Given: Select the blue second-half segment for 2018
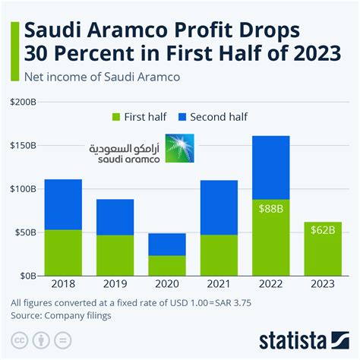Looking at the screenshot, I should (64, 204).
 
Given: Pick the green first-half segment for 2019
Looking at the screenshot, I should (115, 254).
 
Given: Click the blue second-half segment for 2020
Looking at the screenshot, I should (167, 244).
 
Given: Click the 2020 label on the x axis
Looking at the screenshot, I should (167, 286).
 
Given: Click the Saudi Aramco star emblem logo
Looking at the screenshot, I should (180, 147).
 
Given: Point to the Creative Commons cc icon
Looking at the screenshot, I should (20, 338).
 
